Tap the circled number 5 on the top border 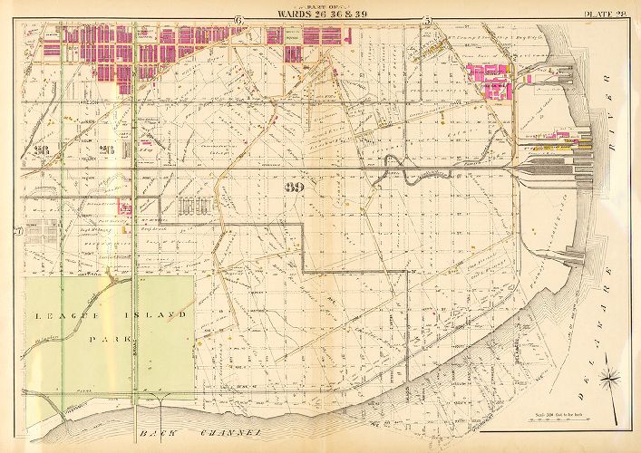tap(426, 20)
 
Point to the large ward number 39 tap(293, 188)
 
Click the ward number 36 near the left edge tap(40, 149)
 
